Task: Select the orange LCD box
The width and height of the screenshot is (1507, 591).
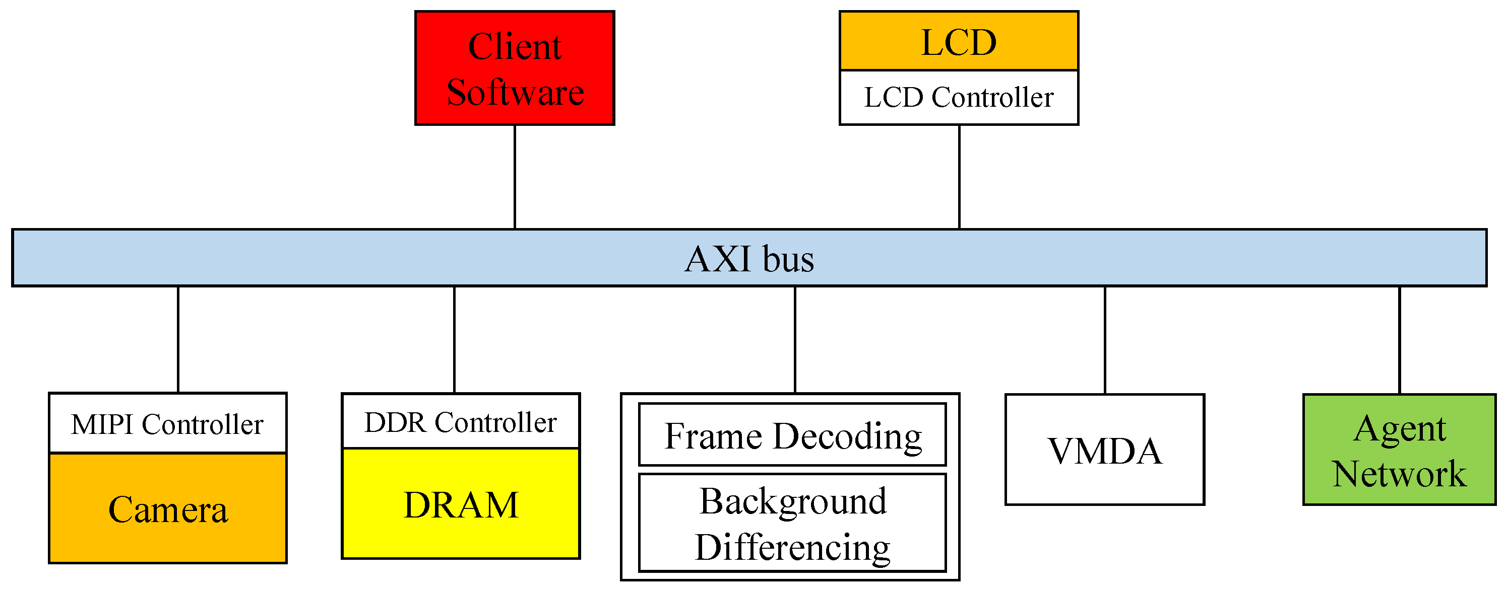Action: pyautogui.click(x=958, y=41)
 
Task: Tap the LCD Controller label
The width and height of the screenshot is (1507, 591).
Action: pyautogui.click(x=958, y=97)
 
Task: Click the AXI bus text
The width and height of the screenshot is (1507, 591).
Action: pyautogui.click(x=749, y=258)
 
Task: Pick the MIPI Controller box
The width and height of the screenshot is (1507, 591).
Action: pyautogui.click(x=167, y=423)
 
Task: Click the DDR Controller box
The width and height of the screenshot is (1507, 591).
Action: pyautogui.click(x=460, y=421)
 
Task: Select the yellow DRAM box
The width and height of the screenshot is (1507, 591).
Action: pyautogui.click(x=460, y=503)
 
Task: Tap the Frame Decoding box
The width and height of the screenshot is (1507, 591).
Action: pyautogui.click(x=792, y=435)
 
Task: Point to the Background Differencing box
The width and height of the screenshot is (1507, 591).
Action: pyautogui.click(x=792, y=523)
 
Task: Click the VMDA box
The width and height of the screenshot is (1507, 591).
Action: pyautogui.click(x=1104, y=450)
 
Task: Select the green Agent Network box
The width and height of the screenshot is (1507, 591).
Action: pyautogui.click(x=1399, y=450)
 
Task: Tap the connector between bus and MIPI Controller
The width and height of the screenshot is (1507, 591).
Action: pyautogui.click(x=178, y=339)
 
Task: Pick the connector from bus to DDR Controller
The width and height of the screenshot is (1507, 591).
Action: pyautogui.click(x=455, y=339)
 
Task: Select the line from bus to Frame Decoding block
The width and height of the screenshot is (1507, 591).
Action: pyautogui.click(x=795, y=339)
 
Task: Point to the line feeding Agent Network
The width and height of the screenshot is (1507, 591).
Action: pyautogui.click(x=1399, y=339)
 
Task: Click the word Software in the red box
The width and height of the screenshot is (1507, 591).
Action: pyautogui.click(x=515, y=92)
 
